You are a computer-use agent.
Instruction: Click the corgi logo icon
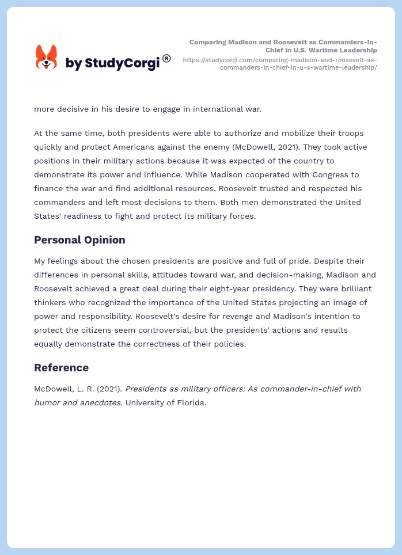pos(46,57)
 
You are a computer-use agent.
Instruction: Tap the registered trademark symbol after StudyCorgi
pos(166,58)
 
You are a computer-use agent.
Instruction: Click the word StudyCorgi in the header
pos(122,63)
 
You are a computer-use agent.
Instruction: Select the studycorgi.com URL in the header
pos(280,63)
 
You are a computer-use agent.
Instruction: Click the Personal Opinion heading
pos(79,240)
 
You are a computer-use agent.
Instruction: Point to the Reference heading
pos(61,367)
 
